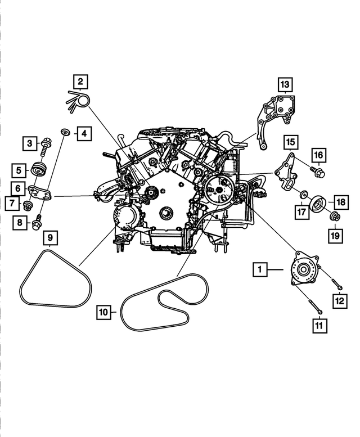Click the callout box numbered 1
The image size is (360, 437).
tap(260, 270)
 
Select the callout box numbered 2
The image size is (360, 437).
tap(80, 82)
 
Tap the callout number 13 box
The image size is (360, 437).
tap(285, 85)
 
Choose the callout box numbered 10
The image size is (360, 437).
tap(103, 310)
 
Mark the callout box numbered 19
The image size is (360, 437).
tap(335, 236)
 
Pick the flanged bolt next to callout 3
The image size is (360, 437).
tap(45, 145)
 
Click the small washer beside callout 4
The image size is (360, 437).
tap(65, 132)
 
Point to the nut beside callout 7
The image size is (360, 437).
tap(28, 203)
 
